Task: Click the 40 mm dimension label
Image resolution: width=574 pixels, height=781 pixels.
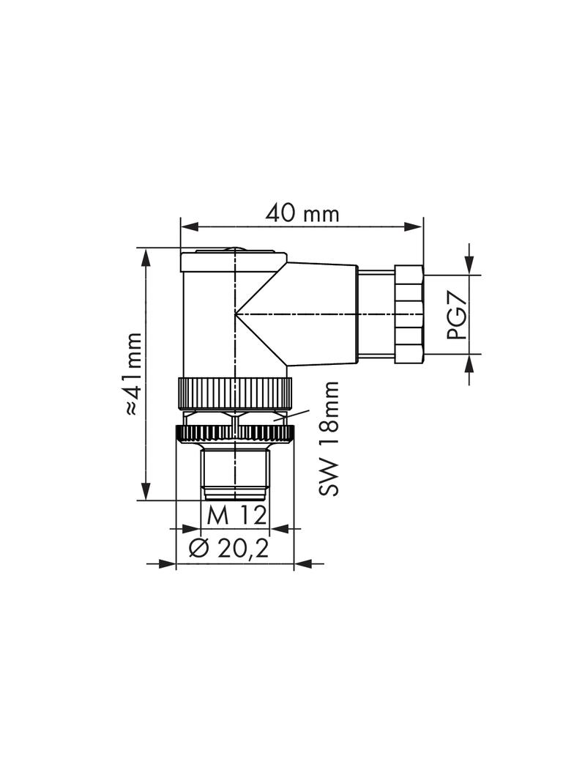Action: pyautogui.click(x=302, y=214)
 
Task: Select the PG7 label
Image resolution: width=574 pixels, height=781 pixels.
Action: pyautogui.click(x=457, y=315)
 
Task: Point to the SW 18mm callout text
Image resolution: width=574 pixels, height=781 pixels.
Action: pyautogui.click(x=329, y=439)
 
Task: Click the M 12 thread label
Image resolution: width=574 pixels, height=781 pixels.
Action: pyautogui.click(x=236, y=516)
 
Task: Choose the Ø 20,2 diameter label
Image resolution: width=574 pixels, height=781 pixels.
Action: pyautogui.click(x=229, y=549)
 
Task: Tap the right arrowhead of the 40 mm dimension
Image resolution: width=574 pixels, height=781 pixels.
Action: pyautogui.click(x=413, y=226)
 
